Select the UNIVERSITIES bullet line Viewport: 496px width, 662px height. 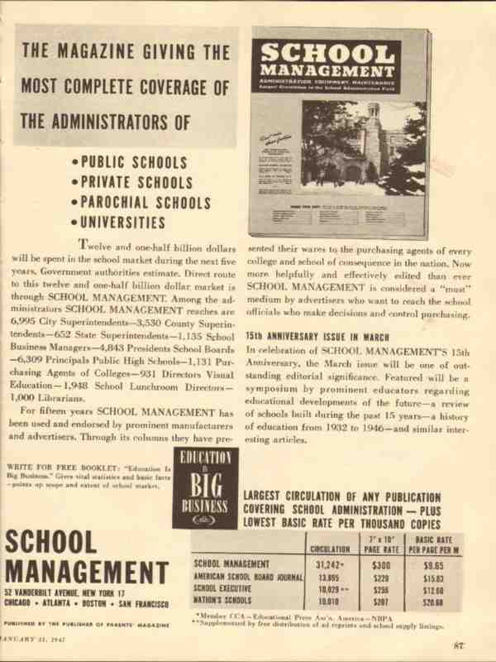tap(123, 223)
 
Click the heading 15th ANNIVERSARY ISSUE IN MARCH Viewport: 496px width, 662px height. tap(317, 337)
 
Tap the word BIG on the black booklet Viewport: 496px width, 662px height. tap(204, 485)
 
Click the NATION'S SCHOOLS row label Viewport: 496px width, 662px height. tap(221, 602)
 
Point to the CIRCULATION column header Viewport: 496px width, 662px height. tap(329, 548)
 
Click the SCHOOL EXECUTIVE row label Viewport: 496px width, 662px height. tap(222, 589)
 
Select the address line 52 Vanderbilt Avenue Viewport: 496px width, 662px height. tap(64, 593)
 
